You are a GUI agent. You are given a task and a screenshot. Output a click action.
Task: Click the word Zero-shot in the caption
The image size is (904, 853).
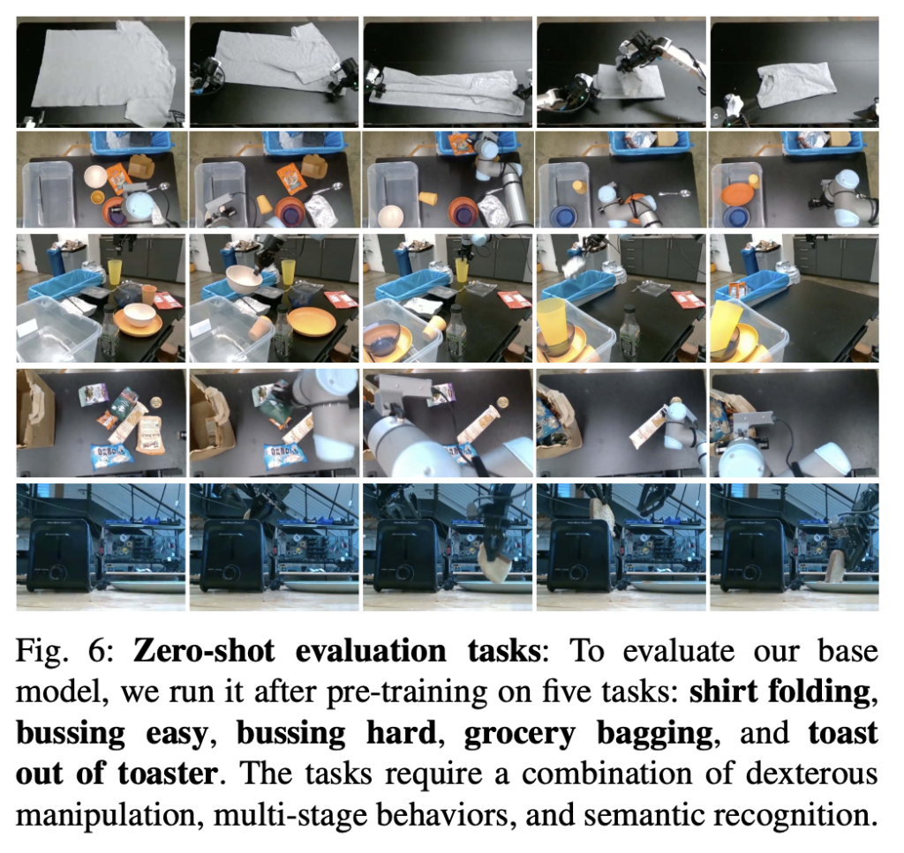pos(204,651)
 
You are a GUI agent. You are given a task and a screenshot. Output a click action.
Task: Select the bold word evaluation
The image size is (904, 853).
pos(371,651)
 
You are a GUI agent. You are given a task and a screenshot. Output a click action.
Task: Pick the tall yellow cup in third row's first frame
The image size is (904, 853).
pos(115,274)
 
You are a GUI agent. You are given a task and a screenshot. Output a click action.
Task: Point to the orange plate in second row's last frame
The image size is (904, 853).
pos(737,194)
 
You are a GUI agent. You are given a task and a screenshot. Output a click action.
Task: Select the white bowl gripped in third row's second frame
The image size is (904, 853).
pos(245,280)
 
